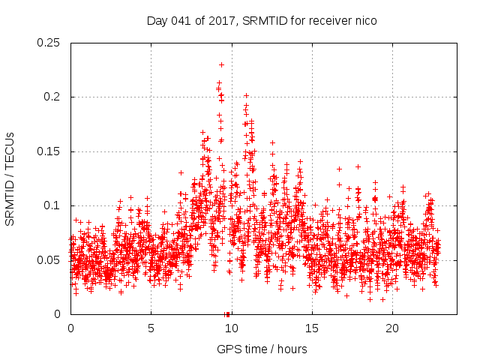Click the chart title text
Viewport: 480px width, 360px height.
pyautogui.click(x=261, y=21)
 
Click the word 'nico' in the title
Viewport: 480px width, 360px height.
pyautogui.click(x=365, y=21)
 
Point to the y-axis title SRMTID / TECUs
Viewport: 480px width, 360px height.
pyautogui.click(x=10, y=178)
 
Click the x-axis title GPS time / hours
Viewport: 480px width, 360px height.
pyautogui.click(x=261, y=349)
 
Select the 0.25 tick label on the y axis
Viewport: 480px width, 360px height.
pyautogui.click(x=49, y=43)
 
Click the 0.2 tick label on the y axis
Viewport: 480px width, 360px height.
pyautogui.click(x=52, y=97)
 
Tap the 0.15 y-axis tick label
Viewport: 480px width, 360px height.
pyautogui.click(x=49, y=151)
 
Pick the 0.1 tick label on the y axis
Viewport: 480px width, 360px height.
pyautogui.click(x=52, y=205)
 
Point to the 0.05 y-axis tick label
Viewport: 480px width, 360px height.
pyautogui.click(x=49, y=260)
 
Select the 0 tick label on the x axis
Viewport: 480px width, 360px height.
pyautogui.click(x=70, y=328)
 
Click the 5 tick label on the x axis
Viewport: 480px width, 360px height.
pyautogui.click(x=151, y=328)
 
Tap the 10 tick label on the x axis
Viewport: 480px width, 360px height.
pyautogui.click(x=231, y=328)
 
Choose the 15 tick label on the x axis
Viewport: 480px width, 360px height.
pyautogui.click(x=311, y=328)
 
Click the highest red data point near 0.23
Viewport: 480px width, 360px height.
pyautogui.click(x=221, y=64)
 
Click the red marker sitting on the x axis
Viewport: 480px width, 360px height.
pyautogui.click(x=227, y=314)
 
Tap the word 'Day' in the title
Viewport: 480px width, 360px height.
pyautogui.click(x=156, y=21)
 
